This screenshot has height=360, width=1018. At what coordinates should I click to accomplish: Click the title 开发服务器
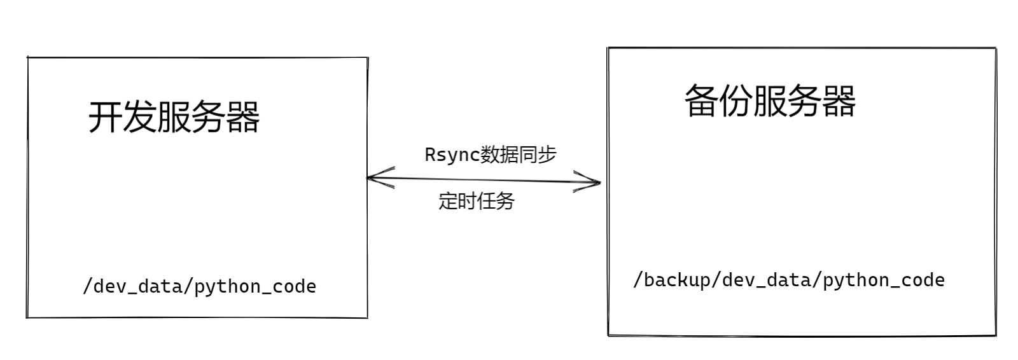[x=174, y=117]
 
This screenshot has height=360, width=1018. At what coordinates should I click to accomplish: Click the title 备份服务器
[x=770, y=102]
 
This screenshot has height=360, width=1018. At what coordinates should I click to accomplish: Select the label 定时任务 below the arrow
[x=476, y=201]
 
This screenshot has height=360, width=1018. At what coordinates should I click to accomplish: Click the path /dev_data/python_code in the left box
[x=199, y=286]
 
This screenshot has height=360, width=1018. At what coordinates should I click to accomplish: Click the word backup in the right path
[x=677, y=280]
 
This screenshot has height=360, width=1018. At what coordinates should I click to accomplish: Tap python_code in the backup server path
[x=884, y=280]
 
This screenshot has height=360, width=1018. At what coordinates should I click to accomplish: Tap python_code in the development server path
[x=255, y=286]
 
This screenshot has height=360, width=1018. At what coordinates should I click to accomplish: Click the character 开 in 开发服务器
[x=104, y=117]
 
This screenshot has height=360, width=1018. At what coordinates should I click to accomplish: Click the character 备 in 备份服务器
[x=701, y=102]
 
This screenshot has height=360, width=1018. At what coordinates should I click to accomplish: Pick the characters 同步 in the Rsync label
[x=538, y=155]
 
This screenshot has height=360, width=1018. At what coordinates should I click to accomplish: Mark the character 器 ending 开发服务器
[x=243, y=117]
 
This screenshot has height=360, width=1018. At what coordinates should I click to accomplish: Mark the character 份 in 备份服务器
[x=736, y=102]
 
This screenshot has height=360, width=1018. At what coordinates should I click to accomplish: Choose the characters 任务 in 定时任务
[x=495, y=201]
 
